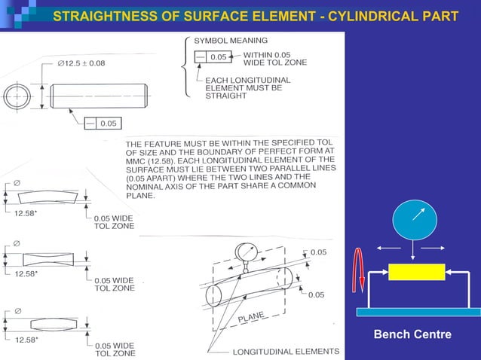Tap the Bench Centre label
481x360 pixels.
point(412,334)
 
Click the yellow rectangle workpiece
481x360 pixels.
point(416,271)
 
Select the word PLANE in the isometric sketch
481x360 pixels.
point(252,319)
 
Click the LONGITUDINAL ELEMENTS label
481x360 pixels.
point(286,352)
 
